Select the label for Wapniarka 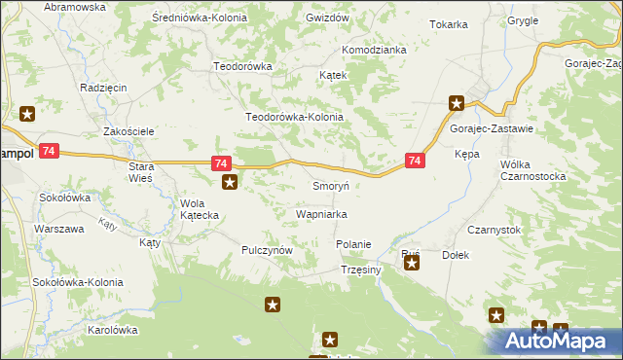321,213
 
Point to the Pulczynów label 267,250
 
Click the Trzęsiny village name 360,270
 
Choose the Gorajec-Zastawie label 491,128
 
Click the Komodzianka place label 373,50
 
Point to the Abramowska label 75,7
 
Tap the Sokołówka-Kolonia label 82,282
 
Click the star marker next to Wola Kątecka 229,182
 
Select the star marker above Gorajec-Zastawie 456,102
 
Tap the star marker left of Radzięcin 27,114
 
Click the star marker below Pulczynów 273,306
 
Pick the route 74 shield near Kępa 415,161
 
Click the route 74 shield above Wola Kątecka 221,163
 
